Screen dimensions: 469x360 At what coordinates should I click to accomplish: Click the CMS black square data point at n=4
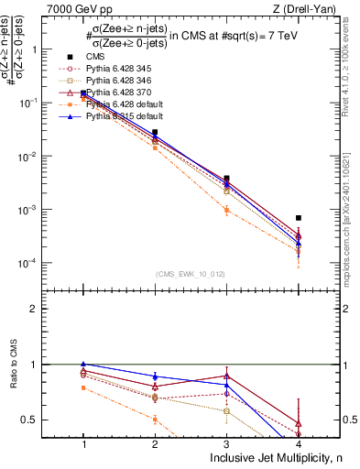pos(299,218)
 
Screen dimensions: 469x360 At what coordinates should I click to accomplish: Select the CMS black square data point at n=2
pos(155,132)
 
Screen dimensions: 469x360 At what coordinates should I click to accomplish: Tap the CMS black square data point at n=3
pos(226,179)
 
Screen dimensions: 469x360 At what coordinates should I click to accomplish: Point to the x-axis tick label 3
pos(226,443)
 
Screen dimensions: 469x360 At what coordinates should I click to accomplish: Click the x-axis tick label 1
pos(83,443)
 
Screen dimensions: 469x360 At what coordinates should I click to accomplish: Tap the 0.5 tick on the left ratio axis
pos(38,420)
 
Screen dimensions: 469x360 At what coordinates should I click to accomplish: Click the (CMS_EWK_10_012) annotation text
pos(190,274)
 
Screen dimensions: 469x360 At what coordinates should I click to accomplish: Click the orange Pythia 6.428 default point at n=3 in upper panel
pos(226,210)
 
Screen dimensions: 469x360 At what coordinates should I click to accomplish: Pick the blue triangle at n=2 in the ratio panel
pos(155,376)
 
